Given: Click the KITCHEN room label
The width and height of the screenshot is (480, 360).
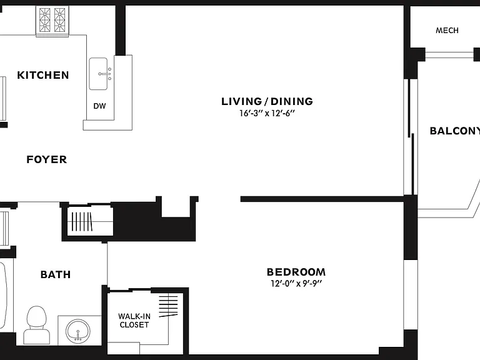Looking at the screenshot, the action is coord(43,75).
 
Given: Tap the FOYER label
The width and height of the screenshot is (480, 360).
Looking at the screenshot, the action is coord(46,159).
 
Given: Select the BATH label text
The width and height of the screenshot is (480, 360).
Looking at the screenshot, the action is coord(56,274).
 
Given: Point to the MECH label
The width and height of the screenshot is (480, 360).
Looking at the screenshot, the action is coord(447,30).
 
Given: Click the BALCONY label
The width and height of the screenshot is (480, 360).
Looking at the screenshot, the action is coord(455,131).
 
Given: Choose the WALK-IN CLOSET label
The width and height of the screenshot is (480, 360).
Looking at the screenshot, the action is coord(134,321).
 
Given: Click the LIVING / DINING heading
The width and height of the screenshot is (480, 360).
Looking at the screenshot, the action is coord(267,101).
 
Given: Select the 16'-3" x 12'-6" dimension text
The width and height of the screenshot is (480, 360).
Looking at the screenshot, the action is coord(267,113).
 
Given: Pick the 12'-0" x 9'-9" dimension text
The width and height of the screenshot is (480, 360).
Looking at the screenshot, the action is coord(296,284).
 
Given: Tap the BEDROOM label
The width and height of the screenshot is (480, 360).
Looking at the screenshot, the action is coord(296,272).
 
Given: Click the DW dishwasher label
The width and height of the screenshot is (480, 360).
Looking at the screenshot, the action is coord(99,106).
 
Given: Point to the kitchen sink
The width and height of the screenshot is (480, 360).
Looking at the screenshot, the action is coord(98,74).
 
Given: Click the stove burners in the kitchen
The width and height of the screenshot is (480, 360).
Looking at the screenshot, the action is coord(52,19).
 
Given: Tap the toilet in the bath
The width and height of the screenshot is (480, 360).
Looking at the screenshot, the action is coord(36,325).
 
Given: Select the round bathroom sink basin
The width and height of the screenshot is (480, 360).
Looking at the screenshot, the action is coord(78,331).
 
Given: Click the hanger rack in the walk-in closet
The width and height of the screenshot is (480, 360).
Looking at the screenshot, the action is coord(168,305).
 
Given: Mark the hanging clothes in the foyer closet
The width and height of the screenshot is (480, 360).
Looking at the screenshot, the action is coord(81,221).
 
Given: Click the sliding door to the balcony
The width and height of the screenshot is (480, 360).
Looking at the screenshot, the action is coord(411,137).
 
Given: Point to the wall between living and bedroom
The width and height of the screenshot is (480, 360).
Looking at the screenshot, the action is coord(322,199).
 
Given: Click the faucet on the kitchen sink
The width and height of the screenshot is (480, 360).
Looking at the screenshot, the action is coord(105,74).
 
